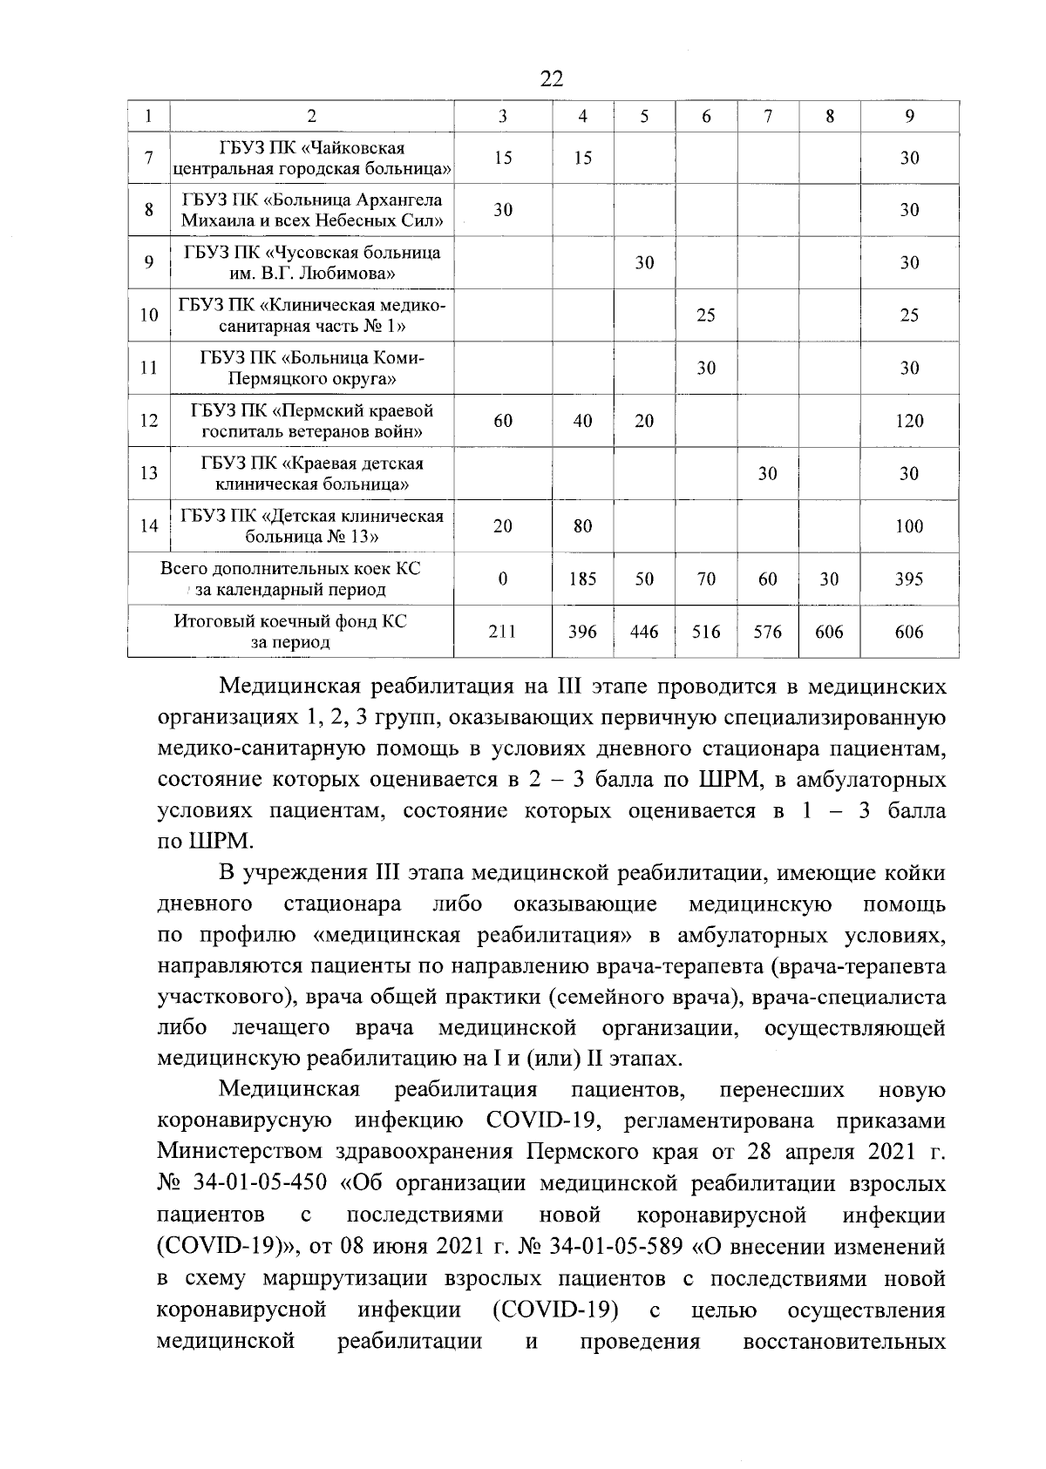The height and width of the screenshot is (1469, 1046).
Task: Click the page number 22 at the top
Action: coord(552,79)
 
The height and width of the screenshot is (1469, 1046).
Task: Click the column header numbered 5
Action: coord(644,117)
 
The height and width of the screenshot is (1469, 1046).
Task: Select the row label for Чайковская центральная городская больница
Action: coord(312,158)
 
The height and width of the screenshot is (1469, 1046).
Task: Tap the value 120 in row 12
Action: coord(909,422)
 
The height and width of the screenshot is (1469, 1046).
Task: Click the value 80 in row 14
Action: coord(583,526)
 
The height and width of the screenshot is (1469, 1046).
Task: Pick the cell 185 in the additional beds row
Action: coord(582,579)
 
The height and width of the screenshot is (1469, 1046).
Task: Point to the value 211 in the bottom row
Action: coord(502,633)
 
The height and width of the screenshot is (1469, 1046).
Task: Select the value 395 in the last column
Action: coord(909,579)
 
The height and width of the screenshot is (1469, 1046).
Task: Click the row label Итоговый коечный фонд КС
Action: coord(290,632)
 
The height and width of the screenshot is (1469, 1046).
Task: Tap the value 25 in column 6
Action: coord(706,315)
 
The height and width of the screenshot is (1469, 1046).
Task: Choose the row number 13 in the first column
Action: coord(149,473)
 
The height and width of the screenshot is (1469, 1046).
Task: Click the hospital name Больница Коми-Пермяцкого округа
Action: coord(312,368)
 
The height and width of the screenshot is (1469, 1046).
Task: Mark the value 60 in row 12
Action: coord(503,422)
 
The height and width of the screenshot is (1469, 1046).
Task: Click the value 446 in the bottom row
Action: coord(644,633)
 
